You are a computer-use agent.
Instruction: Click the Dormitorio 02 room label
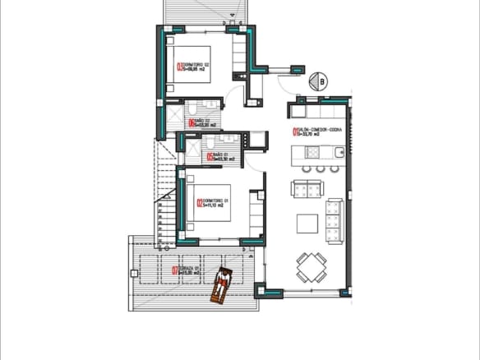click(195, 67)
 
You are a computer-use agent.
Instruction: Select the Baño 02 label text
click(201, 122)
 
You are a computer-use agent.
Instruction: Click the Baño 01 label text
click(219, 155)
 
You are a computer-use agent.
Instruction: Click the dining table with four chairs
click(312, 266)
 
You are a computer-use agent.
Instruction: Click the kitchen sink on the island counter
click(325, 151)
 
